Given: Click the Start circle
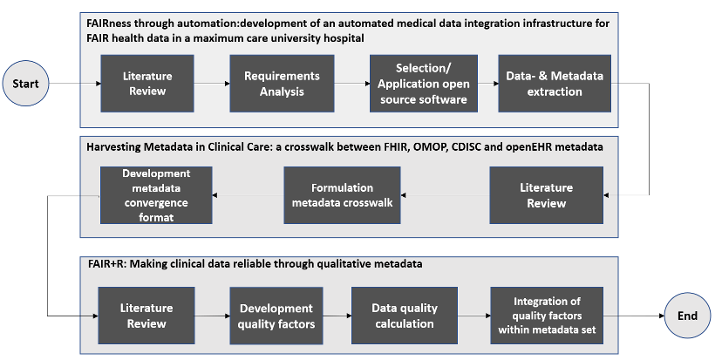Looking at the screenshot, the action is pos(26,84).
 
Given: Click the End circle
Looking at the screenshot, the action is pos(687,316).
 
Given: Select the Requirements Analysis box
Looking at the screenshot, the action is pos(282,84).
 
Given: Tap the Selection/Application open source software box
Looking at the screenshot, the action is pos(424,84).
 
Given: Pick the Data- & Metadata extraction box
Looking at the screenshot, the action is pos(555,84).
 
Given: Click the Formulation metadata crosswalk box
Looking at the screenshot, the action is pos(342,195).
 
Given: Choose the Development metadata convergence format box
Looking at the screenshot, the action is pos(156,195).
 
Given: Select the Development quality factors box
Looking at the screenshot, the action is pos(276,316).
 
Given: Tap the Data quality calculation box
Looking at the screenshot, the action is pos(405,316).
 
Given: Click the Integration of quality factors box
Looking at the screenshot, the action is pos(547,316).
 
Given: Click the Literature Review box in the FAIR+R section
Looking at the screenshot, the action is pos(146,316).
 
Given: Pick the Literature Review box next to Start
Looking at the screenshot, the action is pos(147,84).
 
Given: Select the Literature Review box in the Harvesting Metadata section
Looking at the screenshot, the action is pos(547,195).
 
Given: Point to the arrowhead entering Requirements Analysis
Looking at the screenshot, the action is pos(227,84).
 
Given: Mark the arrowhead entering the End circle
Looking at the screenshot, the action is pos(662,316).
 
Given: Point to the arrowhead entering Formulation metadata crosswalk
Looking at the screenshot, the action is pos(404,195).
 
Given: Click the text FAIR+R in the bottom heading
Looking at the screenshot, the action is pos(102,264).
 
